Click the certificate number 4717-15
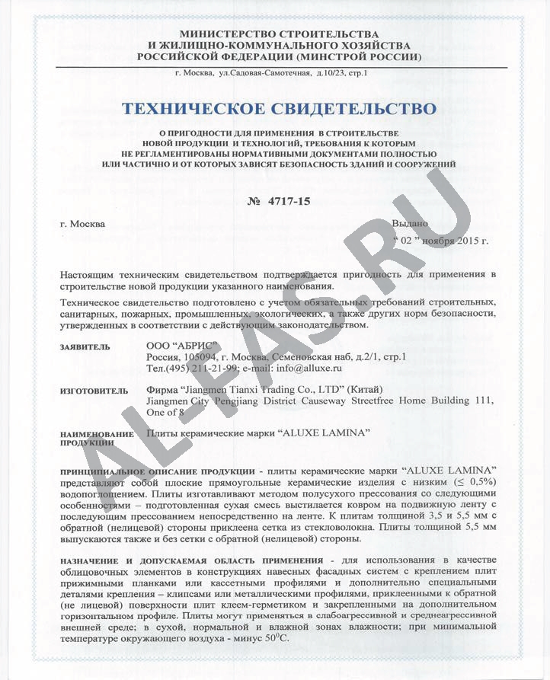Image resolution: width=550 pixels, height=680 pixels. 288,201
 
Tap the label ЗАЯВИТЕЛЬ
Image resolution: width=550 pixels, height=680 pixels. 85,347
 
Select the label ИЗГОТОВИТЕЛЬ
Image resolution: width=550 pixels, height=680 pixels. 88,391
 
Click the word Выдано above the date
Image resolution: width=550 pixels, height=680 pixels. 410,224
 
